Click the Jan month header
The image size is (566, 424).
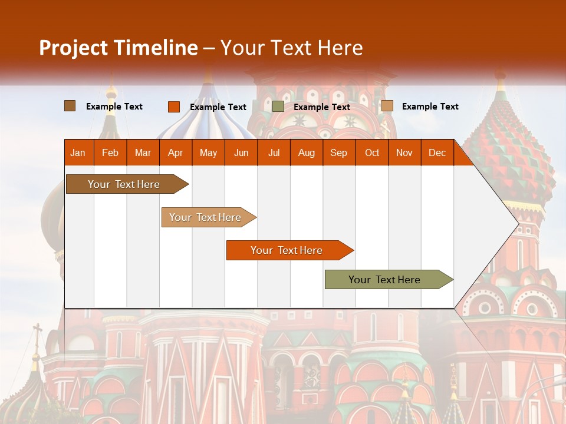78,153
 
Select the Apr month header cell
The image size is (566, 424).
176,153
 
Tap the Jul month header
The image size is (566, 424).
274,153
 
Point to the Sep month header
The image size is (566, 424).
338,153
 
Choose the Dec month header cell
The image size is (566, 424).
437,153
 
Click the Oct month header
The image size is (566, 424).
372,153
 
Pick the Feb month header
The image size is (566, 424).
110,153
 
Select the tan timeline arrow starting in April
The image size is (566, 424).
206,217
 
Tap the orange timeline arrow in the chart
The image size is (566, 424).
288,250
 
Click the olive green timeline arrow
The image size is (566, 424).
386,280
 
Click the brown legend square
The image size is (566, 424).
70,106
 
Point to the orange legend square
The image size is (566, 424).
174,107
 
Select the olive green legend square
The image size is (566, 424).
278,107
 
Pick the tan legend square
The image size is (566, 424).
387,106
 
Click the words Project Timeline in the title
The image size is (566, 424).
118,48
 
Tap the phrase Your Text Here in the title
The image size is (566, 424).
292,48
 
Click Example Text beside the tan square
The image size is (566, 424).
430,107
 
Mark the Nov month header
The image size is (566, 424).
404,153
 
